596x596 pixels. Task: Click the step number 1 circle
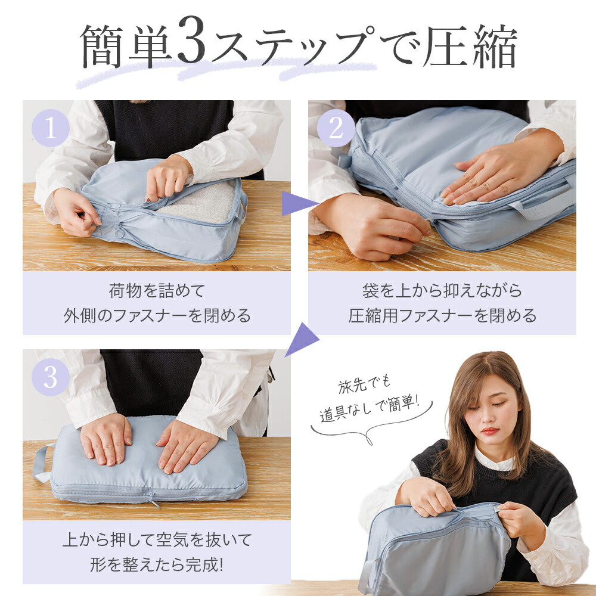(51, 128)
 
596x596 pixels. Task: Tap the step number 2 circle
(336, 128)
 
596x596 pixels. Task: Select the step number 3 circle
(51, 377)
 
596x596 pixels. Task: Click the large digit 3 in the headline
(192, 40)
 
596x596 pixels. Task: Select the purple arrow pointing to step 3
(302, 339)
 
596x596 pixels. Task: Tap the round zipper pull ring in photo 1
(119, 230)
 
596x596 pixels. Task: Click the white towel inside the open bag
(201, 203)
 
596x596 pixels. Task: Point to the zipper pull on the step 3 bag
(153, 499)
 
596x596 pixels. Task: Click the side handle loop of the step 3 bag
(42, 462)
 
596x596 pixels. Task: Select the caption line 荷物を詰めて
(157, 291)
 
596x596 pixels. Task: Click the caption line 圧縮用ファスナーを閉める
(442, 315)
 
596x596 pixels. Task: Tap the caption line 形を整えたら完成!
(157, 564)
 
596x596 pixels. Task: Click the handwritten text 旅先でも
(364, 384)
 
